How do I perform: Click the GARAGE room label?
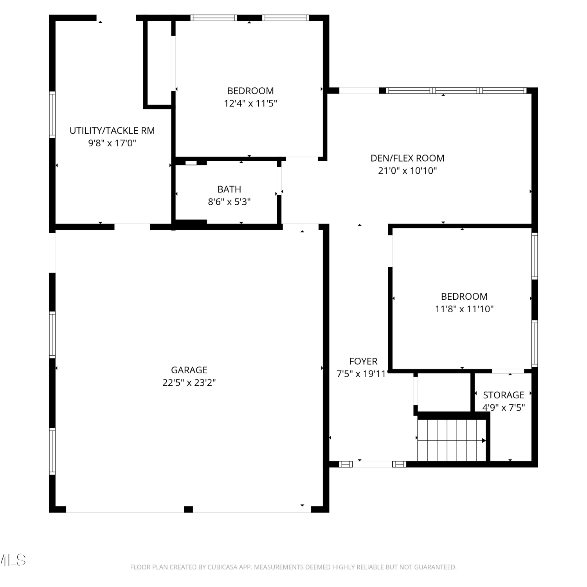pos(189,370)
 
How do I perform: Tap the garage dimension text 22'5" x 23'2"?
pos(189,382)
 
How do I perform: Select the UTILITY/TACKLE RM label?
pos(112,131)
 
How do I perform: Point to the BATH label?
pos(229,189)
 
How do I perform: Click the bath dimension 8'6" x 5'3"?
pos(229,202)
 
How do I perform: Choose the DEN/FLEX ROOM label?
pos(407,158)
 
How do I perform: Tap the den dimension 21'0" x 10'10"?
pos(407,171)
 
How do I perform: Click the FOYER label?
pos(363,361)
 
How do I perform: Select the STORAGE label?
pos(504,395)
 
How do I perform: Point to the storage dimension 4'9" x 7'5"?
pos(504,407)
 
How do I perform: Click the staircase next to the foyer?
pos(452,440)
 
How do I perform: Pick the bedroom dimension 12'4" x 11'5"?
pos(250,103)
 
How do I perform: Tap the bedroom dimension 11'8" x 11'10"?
pos(465,309)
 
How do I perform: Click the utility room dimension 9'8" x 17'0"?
pos(112,143)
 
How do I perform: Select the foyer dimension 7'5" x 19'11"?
pos(362,374)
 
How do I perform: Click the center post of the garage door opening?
pos(188,509)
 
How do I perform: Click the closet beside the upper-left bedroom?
pos(159,63)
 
